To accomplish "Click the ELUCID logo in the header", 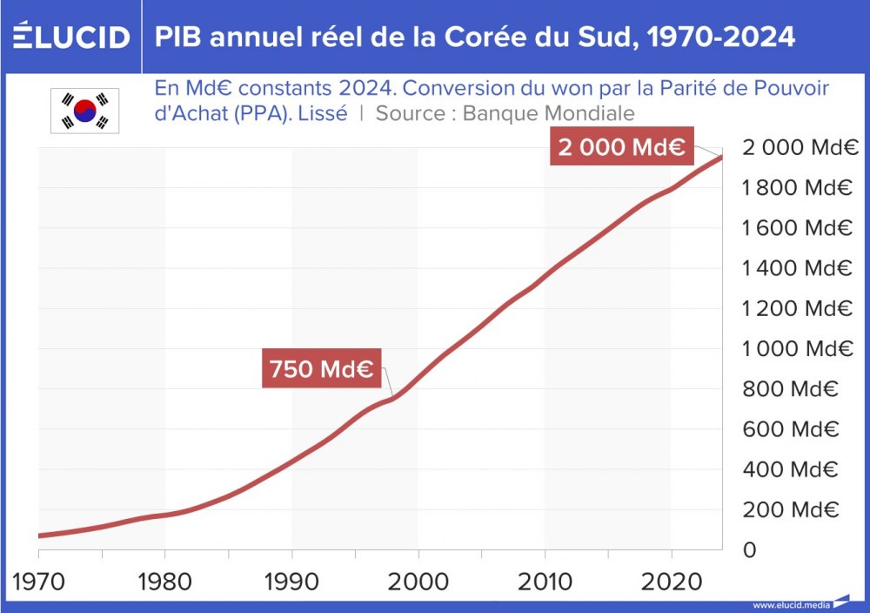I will [x=72, y=37].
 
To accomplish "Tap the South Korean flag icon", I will [x=84, y=111].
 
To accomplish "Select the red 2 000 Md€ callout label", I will [x=621, y=147].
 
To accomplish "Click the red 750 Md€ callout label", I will [x=321, y=370].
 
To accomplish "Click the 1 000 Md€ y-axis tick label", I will [x=796, y=349].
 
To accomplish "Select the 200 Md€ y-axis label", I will [x=790, y=509].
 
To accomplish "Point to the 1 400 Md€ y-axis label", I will [x=796, y=268].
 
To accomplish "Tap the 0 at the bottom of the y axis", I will [x=749, y=550].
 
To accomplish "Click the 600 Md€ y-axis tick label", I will [x=790, y=429].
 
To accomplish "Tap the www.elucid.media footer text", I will [x=791, y=604].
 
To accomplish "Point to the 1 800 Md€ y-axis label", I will [x=796, y=188].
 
